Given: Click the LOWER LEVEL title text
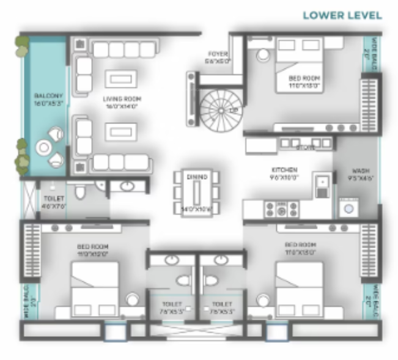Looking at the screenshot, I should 342,15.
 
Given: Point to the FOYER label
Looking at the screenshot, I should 218,57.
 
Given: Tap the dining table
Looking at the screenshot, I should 197,193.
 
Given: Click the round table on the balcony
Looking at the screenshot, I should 44,147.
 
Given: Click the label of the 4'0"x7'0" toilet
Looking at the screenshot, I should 51,202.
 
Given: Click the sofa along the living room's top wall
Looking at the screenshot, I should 123,49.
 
